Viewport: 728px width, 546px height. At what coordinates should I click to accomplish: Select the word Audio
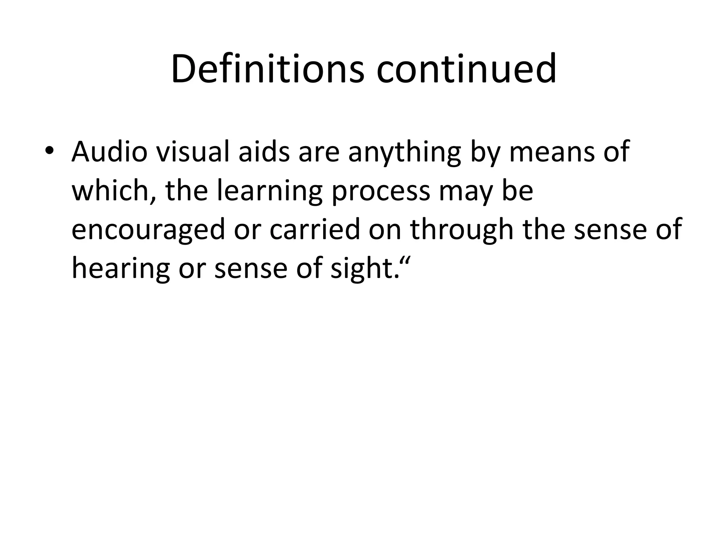pos(109,152)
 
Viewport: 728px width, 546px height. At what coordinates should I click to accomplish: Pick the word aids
pos(264,152)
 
